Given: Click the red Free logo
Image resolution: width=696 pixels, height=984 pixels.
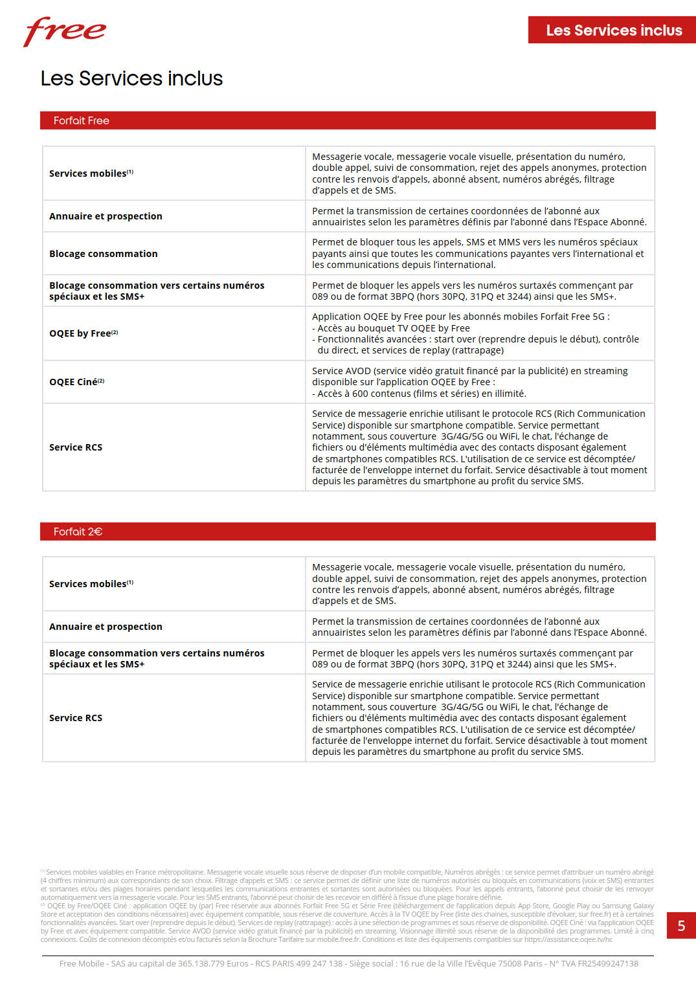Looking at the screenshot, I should point(65,31).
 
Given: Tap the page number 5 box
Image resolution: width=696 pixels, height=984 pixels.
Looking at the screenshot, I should point(681,926).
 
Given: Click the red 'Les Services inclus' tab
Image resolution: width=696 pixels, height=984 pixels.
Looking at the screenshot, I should point(612,30).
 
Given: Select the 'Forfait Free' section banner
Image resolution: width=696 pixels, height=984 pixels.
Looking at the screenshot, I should point(348,120).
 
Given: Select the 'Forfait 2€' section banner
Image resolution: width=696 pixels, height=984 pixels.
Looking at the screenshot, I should point(348,531).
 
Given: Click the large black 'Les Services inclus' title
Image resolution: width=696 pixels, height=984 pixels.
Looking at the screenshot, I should point(131,78).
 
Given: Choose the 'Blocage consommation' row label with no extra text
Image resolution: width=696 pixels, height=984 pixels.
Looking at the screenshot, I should point(104,254).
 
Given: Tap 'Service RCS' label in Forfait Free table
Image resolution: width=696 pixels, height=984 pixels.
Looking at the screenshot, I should point(76,447).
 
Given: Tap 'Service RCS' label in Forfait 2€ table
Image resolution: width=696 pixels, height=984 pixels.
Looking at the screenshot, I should point(76,718).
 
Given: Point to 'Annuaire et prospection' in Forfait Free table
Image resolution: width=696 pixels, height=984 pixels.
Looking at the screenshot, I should point(106,216).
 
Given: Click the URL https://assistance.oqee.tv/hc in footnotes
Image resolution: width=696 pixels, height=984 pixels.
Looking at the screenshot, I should point(568,939).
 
